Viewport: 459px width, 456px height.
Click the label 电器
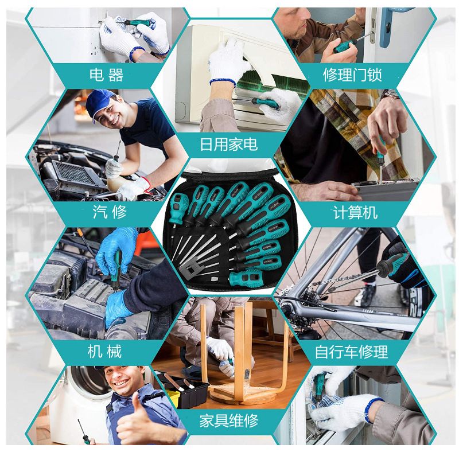pos(106,75)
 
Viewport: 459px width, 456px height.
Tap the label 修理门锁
pos(352,75)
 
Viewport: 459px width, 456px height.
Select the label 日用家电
pos(228,145)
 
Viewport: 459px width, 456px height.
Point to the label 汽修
pos(110,212)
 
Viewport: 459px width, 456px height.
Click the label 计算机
pos(355,212)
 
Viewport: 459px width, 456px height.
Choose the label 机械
pos(104,351)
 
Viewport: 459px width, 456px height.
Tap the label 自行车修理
pos(351,352)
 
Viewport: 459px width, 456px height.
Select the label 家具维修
pos(229,421)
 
